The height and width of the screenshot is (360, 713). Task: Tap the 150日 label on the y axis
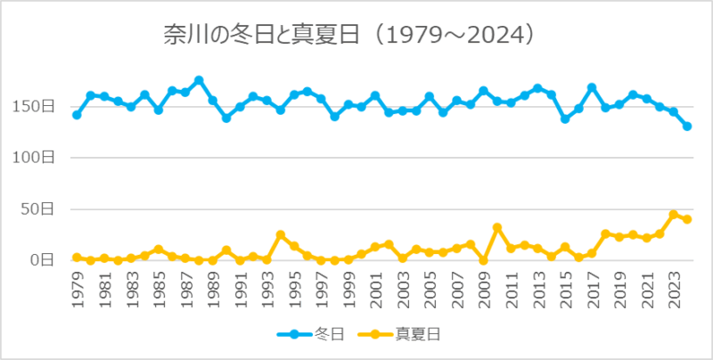click(x=40, y=106)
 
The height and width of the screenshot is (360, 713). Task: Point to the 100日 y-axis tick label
click(x=40, y=158)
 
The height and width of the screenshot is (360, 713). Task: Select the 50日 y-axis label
click(x=44, y=209)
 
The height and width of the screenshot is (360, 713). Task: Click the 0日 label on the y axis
click(x=47, y=260)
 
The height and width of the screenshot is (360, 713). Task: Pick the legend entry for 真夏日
click(x=401, y=335)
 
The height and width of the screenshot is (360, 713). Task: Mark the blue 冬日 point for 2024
click(x=687, y=127)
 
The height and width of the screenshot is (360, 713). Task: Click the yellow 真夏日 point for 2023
click(x=674, y=215)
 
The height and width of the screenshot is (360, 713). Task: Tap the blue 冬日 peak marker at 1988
click(x=199, y=80)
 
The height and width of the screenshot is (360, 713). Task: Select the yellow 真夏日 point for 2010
click(x=497, y=228)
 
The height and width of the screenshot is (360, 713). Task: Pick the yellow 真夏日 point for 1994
click(x=280, y=235)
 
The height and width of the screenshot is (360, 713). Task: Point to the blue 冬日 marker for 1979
click(x=77, y=115)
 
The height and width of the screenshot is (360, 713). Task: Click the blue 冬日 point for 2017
click(x=592, y=87)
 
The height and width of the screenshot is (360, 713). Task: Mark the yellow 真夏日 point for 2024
click(x=687, y=219)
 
